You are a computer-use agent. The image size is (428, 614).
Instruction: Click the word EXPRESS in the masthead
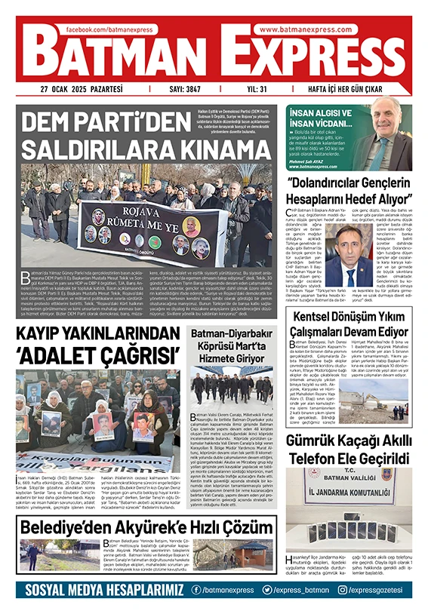309,54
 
